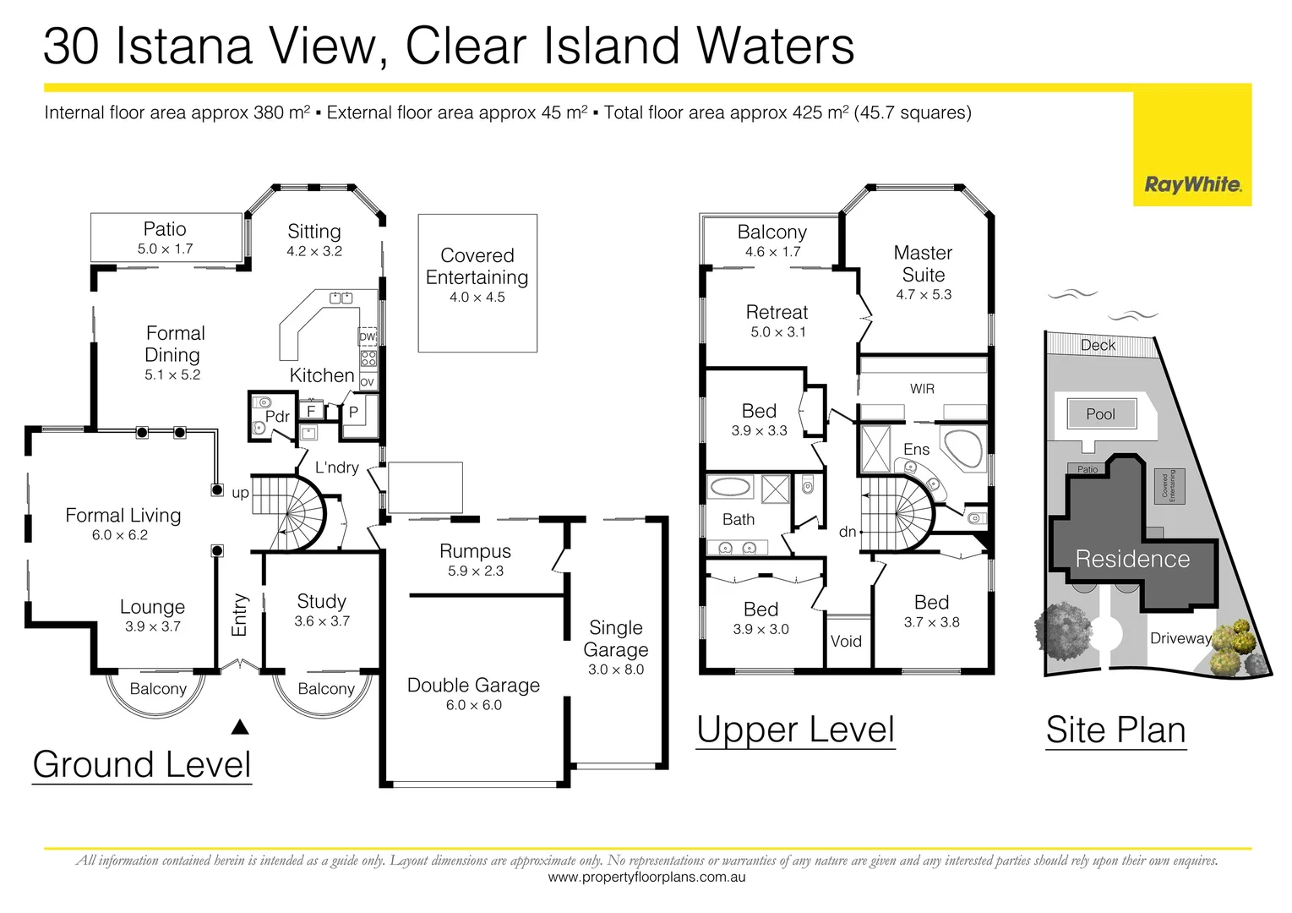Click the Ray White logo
click(1192, 184)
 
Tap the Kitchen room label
click(322, 375)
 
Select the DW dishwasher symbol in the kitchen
click(368, 336)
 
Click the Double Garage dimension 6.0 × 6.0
click(473, 705)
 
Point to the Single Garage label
click(616, 638)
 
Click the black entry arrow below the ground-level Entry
click(240, 727)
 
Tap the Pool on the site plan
click(1100, 414)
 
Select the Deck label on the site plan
click(1098, 345)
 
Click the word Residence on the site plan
click(1132, 559)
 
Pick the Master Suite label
click(923, 264)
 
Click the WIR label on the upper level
click(922, 389)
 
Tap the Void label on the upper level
click(846, 641)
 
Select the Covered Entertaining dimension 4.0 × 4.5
click(477, 298)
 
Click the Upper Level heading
click(795, 730)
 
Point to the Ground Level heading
click(142, 764)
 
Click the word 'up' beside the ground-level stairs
click(240, 493)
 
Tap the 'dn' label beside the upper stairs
click(848, 532)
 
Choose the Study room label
click(321, 601)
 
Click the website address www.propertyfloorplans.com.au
click(646, 877)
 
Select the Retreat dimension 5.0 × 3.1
click(778, 332)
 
